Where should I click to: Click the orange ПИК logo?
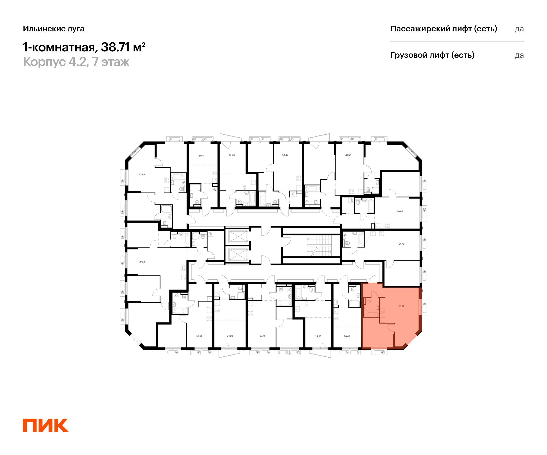(x=46, y=425)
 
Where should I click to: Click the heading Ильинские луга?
(x=54, y=29)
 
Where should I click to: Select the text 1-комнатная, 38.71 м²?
(x=84, y=47)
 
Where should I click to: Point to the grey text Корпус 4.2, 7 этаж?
(x=76, y=62)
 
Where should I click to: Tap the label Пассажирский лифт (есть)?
(x=444, y=29)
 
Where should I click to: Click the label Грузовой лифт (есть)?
(x=432, y=55)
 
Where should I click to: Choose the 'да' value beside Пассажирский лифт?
(x=519, y=29)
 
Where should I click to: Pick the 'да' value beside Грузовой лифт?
(x=519, y=55)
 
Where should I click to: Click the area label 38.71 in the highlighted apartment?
(x=401, y=306)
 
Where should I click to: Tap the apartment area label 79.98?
(x=142, y=262)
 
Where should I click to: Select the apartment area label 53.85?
(x=142, y=174)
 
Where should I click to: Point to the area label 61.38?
(x=348, y=155)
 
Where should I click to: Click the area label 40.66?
(x=400, y=211)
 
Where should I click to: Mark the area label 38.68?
(x=401, y=244)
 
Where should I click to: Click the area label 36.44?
(x=285, y=155)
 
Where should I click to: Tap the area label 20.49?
(x=347, y=336)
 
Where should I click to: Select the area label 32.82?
(x=199, y=336)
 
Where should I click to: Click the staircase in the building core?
(x=319, y=246)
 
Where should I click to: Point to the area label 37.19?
(x=262, y=336)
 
